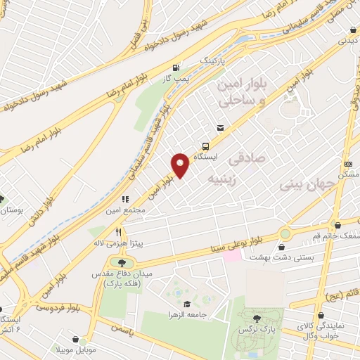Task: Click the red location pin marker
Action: tap(181, 165)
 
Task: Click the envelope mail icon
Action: tap(221, 128)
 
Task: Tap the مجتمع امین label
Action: tap(127, 210)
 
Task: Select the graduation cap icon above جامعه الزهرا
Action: tap(184, 303)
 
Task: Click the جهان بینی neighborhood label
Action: tap(304, 185)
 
